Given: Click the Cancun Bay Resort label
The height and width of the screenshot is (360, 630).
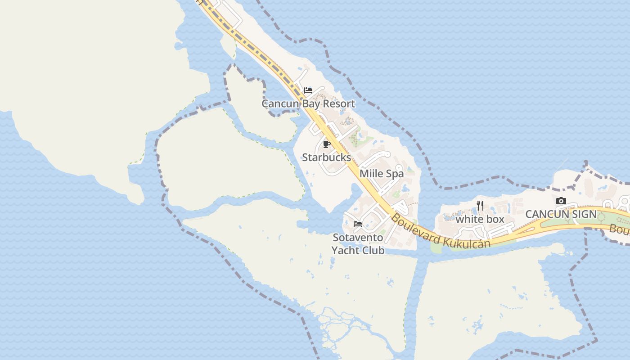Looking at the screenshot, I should tap(308, 104).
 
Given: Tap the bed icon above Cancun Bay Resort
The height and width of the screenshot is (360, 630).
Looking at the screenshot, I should tap(308, 90).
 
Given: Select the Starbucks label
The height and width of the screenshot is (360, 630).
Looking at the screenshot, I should tap(326, 157).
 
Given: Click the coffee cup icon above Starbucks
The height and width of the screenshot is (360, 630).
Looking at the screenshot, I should tap(327, 144).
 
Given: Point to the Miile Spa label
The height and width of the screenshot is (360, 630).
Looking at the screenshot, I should tap(382, 174).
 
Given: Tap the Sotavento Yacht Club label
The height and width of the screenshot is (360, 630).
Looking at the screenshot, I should tap(358, 244).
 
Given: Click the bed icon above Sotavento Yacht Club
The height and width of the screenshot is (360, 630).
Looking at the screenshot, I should tap(358, 224).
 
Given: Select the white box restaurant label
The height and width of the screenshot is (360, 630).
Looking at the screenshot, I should tap(480, 220).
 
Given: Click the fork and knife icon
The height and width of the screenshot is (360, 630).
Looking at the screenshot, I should tap(480, 206).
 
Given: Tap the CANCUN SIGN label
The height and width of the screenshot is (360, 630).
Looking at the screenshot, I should tap(561, 214).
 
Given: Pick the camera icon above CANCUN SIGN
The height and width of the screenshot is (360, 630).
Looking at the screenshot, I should tap(561, 201).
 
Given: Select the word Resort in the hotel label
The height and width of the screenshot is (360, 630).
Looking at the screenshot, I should tap(339, 104).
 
